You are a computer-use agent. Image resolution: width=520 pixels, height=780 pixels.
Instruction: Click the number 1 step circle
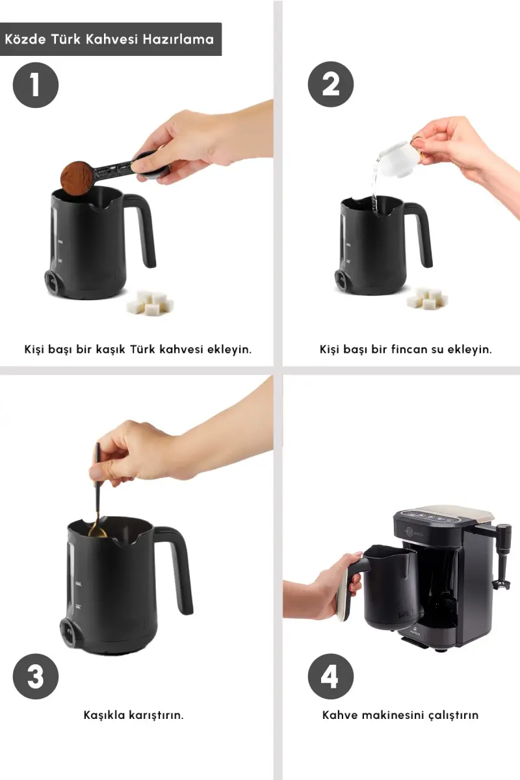36,85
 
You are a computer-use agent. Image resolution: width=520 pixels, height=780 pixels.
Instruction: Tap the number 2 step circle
331,84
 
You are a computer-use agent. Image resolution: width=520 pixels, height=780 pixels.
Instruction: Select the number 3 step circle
36,676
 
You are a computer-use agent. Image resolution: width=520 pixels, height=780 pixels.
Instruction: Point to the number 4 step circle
331,676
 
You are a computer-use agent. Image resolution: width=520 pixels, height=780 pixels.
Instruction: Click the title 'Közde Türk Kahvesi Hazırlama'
109,39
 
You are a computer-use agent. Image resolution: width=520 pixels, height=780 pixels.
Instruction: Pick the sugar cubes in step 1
150,303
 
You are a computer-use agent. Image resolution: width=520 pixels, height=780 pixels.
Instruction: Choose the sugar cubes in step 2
427,298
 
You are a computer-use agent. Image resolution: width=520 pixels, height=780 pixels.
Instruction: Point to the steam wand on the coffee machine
504,554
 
